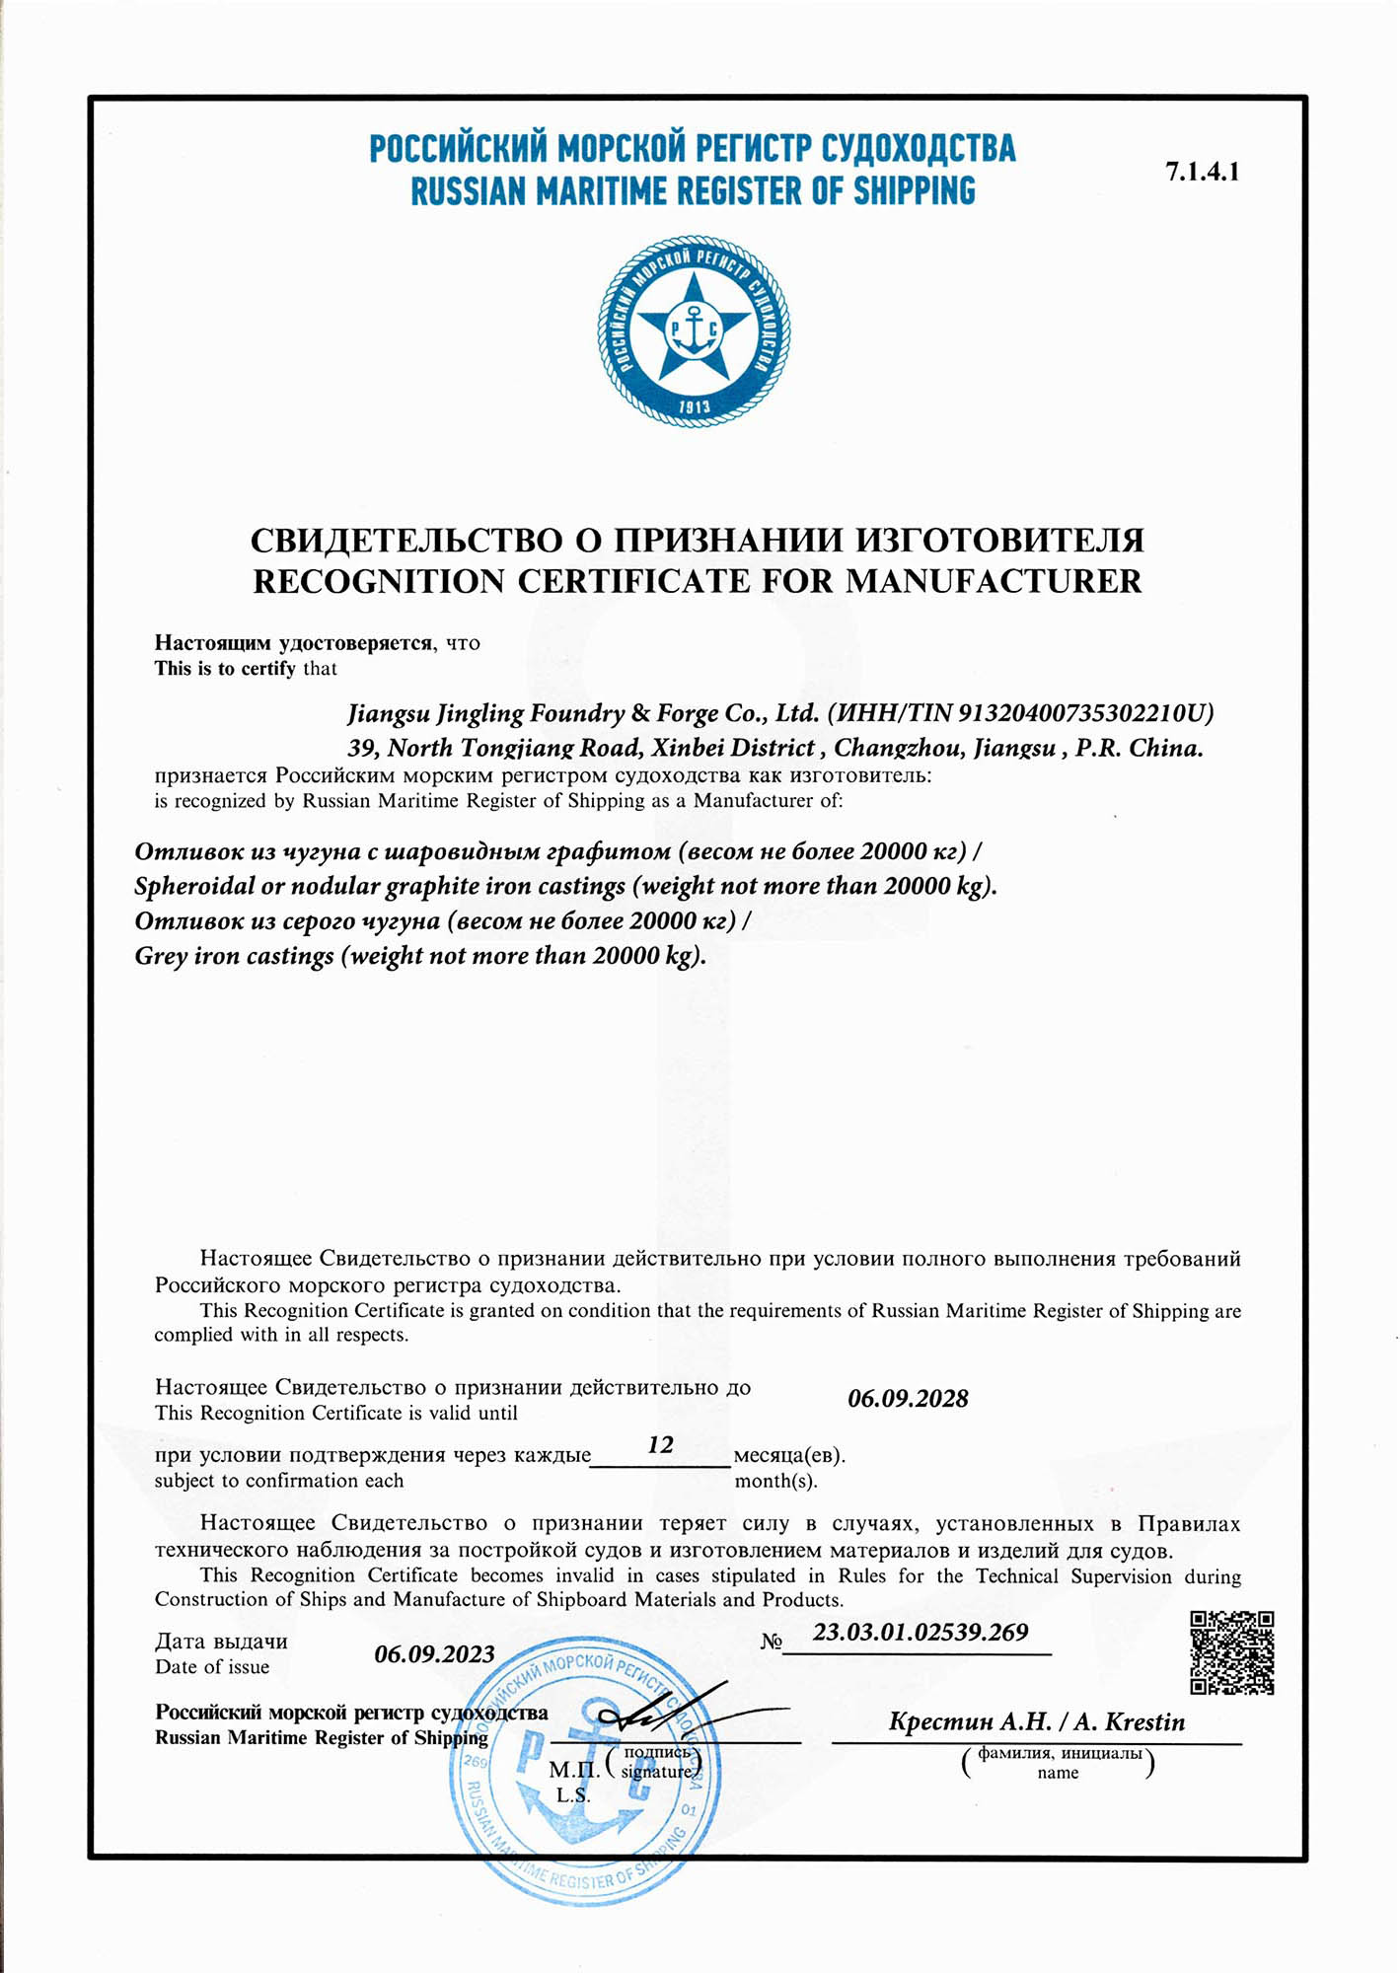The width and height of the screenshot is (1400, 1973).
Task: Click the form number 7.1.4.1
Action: (1202, 172)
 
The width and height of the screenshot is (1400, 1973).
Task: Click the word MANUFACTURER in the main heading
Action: (993, 581)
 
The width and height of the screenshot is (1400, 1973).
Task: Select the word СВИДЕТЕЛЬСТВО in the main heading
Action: (406, 540)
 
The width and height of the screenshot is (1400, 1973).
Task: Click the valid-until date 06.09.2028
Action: (908, 1399)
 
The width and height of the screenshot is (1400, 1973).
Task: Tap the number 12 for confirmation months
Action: (660, 1445)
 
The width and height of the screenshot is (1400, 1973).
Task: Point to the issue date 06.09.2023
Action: (434, 1654)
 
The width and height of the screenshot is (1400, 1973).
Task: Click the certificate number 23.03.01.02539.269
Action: (920, 1633)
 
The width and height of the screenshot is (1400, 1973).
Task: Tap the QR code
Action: (1231, 1653)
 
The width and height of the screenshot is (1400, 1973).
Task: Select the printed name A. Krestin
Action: (1129, 1722)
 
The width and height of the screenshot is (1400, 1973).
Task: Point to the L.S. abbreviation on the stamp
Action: (572, 1795)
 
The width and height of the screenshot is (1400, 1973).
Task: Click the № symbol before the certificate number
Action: (771, 1642)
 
